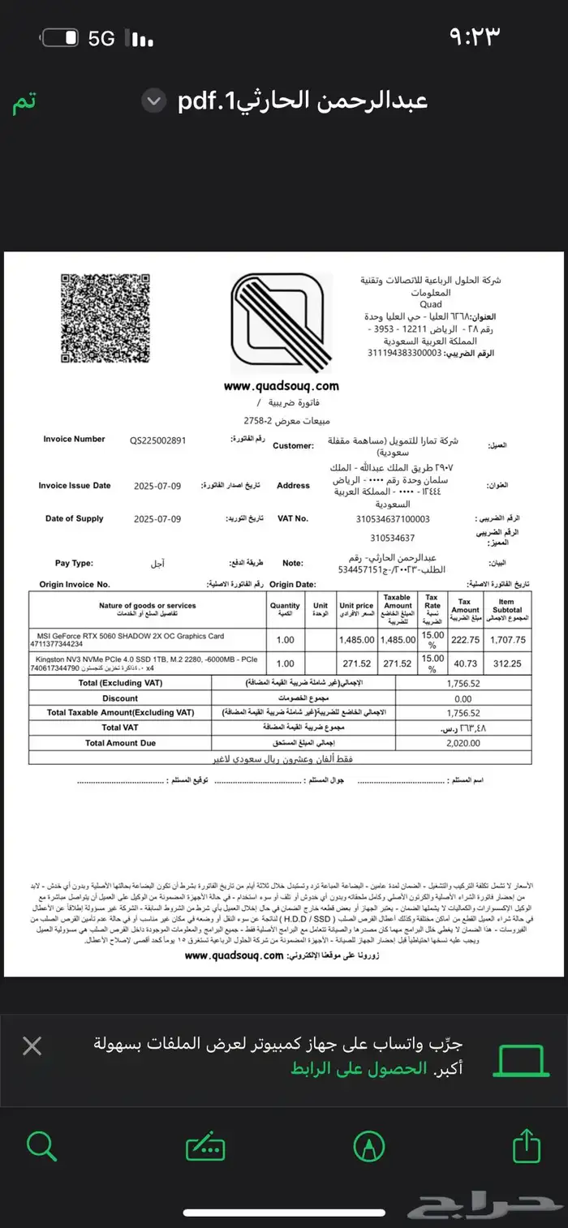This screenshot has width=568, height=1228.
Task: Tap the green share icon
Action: click(x=526, y=1146)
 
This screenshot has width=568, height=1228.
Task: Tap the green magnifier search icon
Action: click(x=41, y=1146)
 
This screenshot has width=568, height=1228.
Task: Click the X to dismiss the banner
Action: click(x=32, y=1046)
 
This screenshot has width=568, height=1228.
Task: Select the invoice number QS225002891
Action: click(x=158, y=440)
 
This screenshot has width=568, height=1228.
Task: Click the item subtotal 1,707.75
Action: click(x=509, y=639)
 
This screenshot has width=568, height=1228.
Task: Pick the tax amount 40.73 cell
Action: click(x=466, y=663)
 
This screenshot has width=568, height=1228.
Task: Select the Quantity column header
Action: click(x=285, y=609)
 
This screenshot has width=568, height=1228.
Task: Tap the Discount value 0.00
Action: click(x=463, y=698)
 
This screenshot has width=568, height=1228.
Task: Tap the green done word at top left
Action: click(x=24, y=104)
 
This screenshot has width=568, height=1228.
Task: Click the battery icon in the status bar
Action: click(x=61, y=38)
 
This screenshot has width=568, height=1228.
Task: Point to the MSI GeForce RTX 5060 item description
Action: click(x=130, y=636)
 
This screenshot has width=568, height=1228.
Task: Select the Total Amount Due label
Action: click(x=120, y=742)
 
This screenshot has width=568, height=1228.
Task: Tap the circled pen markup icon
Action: click(x=368, y=1146)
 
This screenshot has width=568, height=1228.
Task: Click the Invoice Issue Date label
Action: click(x=75, y=486)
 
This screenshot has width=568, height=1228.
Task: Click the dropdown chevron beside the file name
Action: click(x=153, y=101)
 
